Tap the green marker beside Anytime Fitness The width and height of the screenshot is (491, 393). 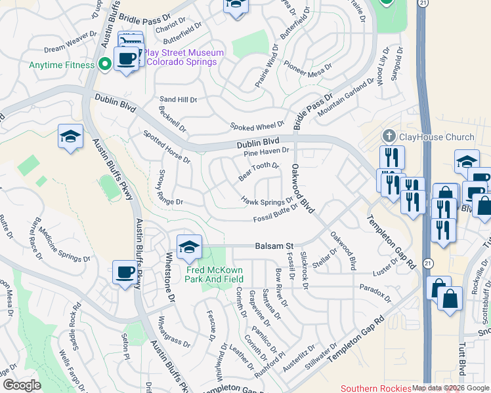pyautogui.click(x=104, y=64)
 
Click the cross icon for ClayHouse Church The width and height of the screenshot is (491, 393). pyautogui.click(x=389, y=136)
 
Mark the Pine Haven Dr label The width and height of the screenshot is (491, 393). pyautogui.click(x=267, y=151)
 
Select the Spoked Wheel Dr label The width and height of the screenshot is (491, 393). pyautogui.click(x=256, y=125)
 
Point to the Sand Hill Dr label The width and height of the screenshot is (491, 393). pyautogui.click(x=179, y=100)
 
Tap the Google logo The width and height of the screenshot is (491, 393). pyautogui.click(x=22, y=385)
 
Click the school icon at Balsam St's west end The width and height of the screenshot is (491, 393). pyautogui.click(x=189, y=247)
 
